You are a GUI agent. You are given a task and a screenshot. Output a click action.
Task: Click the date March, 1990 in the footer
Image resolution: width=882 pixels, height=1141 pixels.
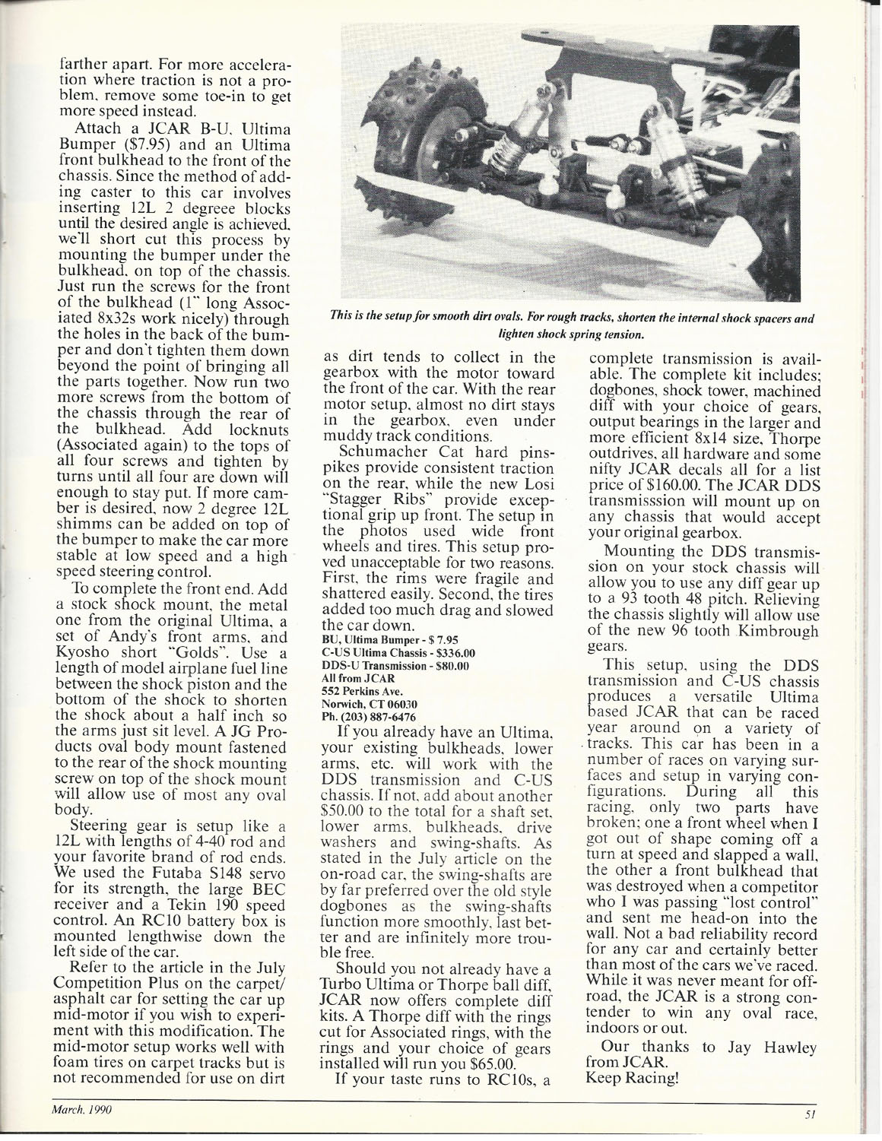click(x=81, y=1110)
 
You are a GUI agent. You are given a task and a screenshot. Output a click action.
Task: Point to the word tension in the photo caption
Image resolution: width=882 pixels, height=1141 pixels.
click(x=625, y=334)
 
